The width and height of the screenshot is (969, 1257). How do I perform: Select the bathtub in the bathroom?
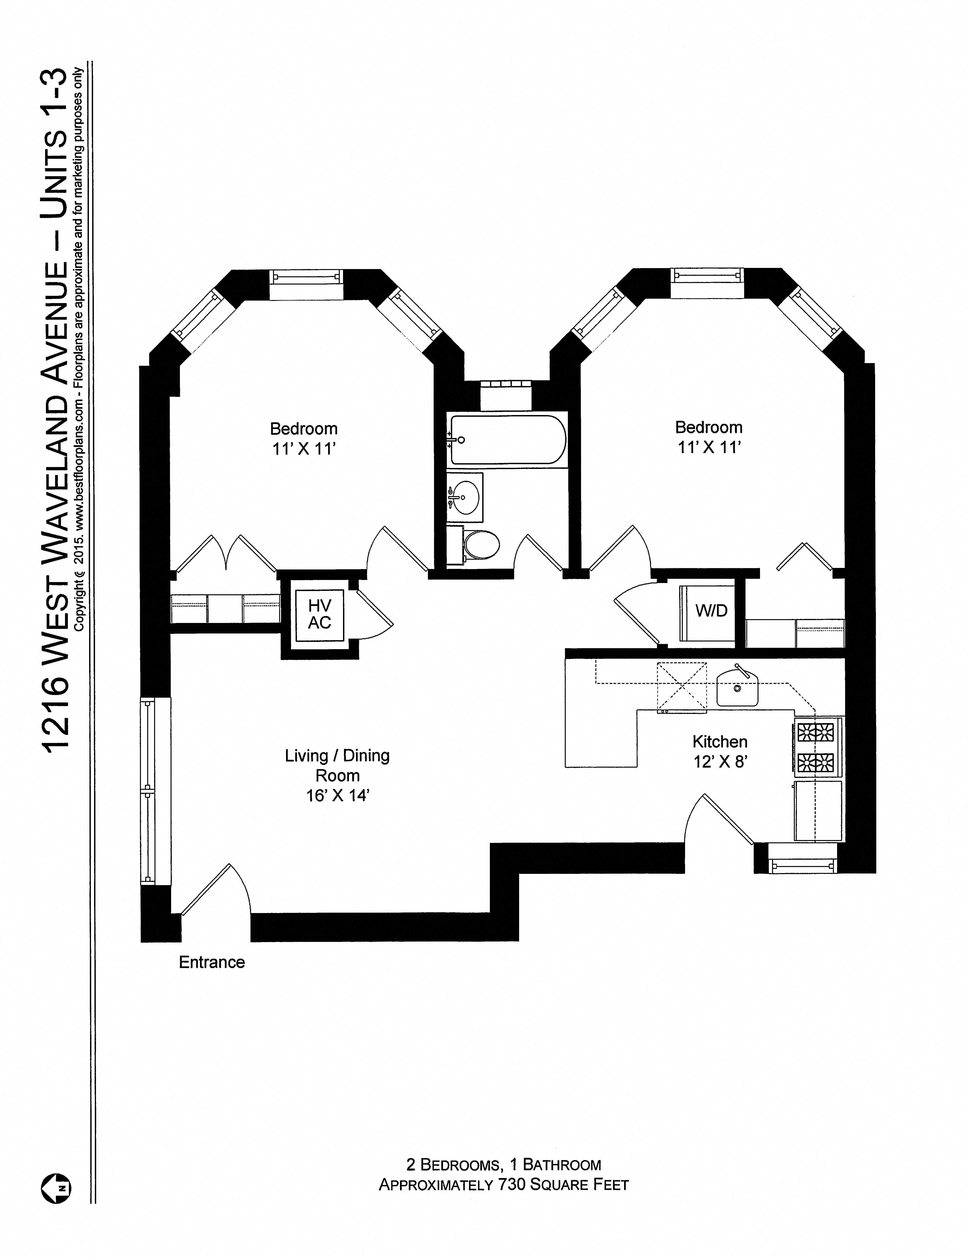(507, 440)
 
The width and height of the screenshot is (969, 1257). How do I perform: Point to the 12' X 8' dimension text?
(720, 761)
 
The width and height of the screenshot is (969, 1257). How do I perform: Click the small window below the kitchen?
(803, 865)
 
